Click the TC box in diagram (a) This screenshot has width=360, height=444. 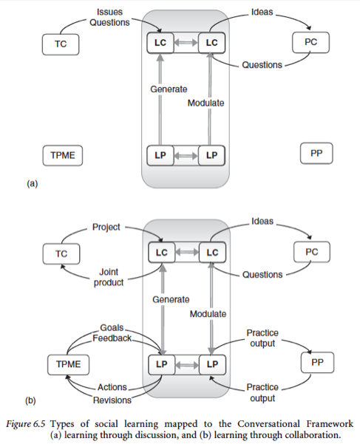tap(61, 44)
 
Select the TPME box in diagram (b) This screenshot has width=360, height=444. tap(68, 364)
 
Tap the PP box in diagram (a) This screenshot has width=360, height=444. tap(316, 153)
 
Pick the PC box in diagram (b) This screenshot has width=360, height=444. tap(312, 252)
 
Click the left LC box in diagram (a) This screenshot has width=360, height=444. tap(160, 43)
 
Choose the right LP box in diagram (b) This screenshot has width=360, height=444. tap(212, 364)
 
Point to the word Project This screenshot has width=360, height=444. tap(106, 227)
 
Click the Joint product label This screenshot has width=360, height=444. tap(109, 277)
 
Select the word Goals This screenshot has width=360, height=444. tap(112, 327)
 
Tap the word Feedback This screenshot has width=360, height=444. tap(112, 338)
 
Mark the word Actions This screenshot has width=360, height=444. tap(112, 387)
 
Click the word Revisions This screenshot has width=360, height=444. tap(112, 400)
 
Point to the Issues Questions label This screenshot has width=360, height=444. tap(109, 17)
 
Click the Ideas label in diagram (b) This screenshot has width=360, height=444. tap(262, 221)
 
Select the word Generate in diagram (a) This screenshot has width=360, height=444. tap(169, 89)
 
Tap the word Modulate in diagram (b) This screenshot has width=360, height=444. tap(208, 314)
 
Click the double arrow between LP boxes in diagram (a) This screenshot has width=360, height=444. tap(186, 155)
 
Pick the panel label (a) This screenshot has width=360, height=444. tap(32, 183)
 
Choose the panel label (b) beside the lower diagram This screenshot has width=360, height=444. tap(30, 400)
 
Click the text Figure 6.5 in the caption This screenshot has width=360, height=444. tap(26, 424)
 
